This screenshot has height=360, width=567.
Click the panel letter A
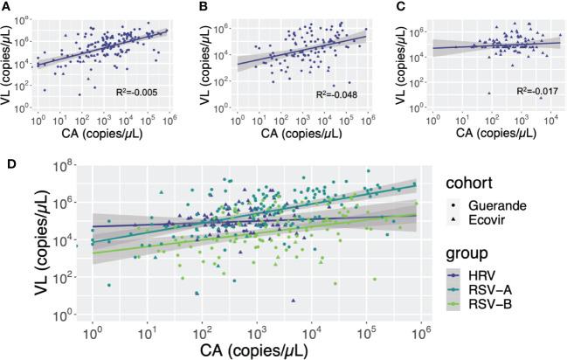point(8,8)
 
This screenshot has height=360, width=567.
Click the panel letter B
point(204,8)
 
